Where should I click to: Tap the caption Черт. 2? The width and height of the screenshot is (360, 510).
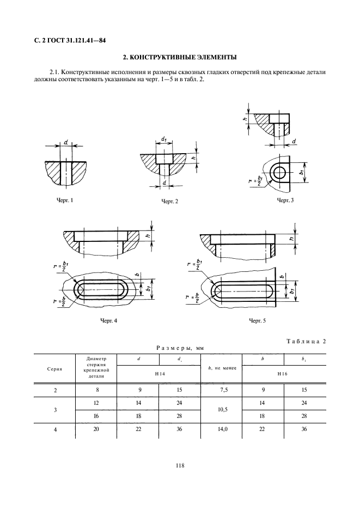tap(170, 202)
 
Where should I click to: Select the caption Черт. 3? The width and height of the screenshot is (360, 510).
tap(285, 201)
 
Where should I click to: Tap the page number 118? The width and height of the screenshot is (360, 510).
tap(180, 465)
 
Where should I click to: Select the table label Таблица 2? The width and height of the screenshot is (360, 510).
tap(305, 342)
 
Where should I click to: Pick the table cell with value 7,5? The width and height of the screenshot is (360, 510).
tap(221, 391)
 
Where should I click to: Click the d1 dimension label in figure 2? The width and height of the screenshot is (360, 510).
tap(164, 141)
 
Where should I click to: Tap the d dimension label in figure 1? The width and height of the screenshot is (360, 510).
tap(65, 143)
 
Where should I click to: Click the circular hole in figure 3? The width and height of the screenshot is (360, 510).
tap(282, 173)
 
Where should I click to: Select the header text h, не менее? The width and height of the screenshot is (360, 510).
tap(221, 369)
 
